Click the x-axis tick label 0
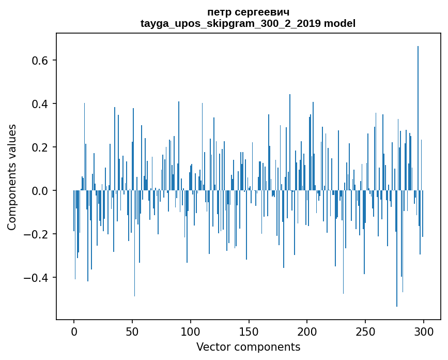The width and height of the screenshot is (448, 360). pos(74,331)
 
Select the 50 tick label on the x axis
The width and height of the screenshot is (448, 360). pos(132,331)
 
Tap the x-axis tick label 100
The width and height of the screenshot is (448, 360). pos(191,331)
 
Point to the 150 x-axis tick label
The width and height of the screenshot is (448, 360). pos(249,331)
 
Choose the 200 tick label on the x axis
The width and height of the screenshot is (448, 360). pos(307,331)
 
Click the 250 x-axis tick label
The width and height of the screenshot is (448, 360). pos(365,331)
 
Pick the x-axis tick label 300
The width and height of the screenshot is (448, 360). pos(424,331)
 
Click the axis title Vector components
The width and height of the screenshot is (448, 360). pos(248,347)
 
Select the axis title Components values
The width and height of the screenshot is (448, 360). pos(12,177)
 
